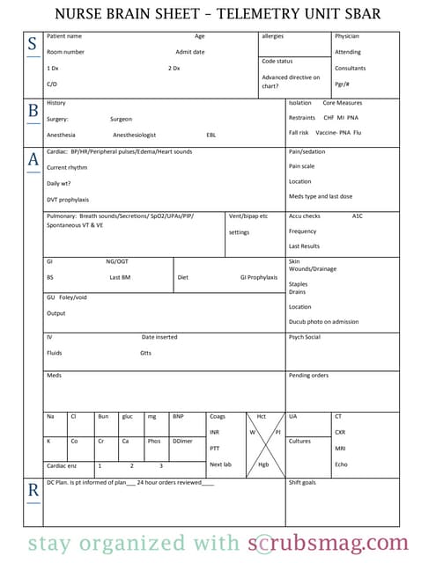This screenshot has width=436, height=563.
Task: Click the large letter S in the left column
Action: pyautogui.click(x=32, y=45)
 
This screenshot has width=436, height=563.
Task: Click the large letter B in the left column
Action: pyautogui.click(x=33, y=110)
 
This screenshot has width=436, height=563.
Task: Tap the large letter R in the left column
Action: pyautogui.click(x=33, y=492)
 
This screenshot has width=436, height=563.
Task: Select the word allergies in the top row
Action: pyautogui.click(x=273, y=36)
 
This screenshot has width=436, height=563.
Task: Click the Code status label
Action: pyautogui.click(x=277, y=61)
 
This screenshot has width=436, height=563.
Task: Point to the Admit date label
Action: pyautogui.click(x=189, y=52)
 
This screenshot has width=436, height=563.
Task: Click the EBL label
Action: pyautogui.click(x=211, y=135)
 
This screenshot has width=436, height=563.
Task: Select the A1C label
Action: pyautogui.click(x=357, y=216)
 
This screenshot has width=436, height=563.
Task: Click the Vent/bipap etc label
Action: pyautogui.click(x=248, y=216)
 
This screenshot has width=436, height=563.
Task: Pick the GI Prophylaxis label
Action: pyautogui.click(x=259, y=277)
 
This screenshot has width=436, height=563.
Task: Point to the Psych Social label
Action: pyautogui.click(x=305, y=337)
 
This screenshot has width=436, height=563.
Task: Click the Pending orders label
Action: pyautogui.click(x=308, y=376)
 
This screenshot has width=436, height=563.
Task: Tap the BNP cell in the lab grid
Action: pyautogui.click(x=178, y=416)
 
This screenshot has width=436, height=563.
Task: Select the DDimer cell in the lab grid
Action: pyautogui.click(x=183, y=441)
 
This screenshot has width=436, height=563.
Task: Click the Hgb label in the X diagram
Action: pyautogui.click(x=263, y=464)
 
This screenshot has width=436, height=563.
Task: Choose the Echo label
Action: pyautogui.click(x=341, y=464)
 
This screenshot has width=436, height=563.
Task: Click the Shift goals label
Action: pyautogui.click(x=302, y=482)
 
